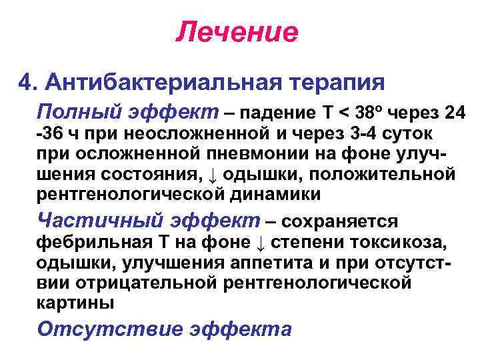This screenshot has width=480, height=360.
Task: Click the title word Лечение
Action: [x=237, y=32]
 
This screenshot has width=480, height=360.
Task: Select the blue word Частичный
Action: [x=85, y=219]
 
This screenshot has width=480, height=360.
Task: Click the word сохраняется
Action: [x=341, y=221]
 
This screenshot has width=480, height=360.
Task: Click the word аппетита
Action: [x=251, y=262]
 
